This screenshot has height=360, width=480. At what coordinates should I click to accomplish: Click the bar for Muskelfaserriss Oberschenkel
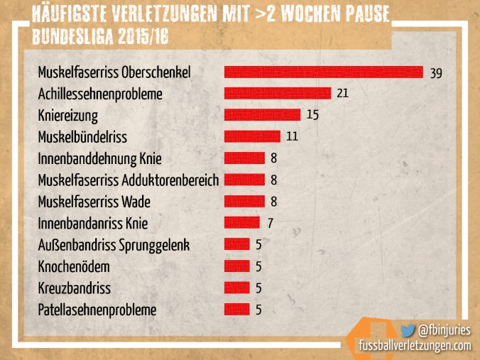tap(323, 72)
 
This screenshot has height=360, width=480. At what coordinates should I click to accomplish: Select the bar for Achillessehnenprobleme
tap(277, 94)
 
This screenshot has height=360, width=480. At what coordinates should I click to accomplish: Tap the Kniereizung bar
tap(262, 115)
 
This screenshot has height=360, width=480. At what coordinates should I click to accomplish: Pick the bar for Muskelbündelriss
tap(252, 136)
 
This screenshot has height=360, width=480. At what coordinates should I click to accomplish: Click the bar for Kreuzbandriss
tap(236, 288)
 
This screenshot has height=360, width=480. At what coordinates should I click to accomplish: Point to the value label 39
tap(436, 72)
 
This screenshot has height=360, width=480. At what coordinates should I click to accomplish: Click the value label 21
tap(342, 94)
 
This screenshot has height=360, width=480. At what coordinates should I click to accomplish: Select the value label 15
tap(312, 115)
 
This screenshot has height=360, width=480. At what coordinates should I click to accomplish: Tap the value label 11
tap(292, 136)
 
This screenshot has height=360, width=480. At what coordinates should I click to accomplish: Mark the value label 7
tap(270, 223)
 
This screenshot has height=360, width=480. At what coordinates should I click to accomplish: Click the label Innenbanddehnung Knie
tap(99, 158)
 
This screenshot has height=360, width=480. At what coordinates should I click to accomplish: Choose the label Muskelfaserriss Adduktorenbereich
tap(128, 180)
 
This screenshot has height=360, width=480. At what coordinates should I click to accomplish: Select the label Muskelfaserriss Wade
tap(94, 202)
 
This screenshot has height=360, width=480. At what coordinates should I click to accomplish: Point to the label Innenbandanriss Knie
tap(92, 224)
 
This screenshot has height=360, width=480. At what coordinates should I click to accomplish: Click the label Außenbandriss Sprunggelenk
tap(114, 246)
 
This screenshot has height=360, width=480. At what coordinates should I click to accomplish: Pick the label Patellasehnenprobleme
tap(97, 310)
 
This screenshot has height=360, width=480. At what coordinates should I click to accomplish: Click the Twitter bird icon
tap(408, 330)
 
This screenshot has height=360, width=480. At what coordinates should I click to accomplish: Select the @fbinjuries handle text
tap(444, 330)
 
